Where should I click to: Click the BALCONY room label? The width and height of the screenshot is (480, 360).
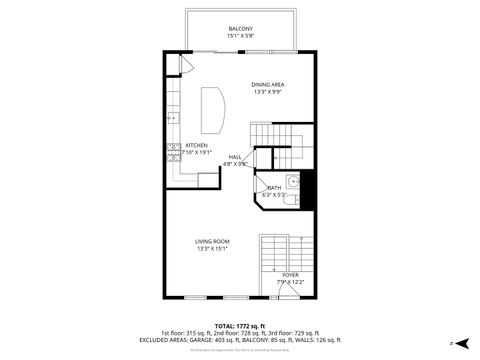click(x=240, y=28)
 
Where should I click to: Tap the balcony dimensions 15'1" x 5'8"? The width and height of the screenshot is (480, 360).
click(x=240, y=36)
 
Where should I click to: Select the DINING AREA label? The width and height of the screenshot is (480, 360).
click(x=268, y=84)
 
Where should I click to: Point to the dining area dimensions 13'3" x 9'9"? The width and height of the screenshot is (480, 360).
click(x=268, y=92)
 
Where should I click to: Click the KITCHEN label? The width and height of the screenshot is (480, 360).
click(x=196, y=145)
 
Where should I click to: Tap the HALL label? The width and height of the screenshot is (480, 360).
click(x=235, y=156)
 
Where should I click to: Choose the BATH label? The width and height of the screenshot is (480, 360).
click(x=274, y=187)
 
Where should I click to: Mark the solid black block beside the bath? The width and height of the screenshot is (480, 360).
click(x=308, y=187)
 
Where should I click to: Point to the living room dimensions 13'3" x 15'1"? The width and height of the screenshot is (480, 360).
click(x=212, y=249)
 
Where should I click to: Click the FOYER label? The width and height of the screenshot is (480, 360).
click(x=290, y=274)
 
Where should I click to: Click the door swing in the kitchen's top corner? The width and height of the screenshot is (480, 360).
click(x=185, y=63)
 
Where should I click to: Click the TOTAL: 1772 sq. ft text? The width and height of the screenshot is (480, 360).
click(x=239, y=326)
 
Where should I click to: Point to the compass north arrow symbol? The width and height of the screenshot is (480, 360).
click(x=452, y=342)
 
